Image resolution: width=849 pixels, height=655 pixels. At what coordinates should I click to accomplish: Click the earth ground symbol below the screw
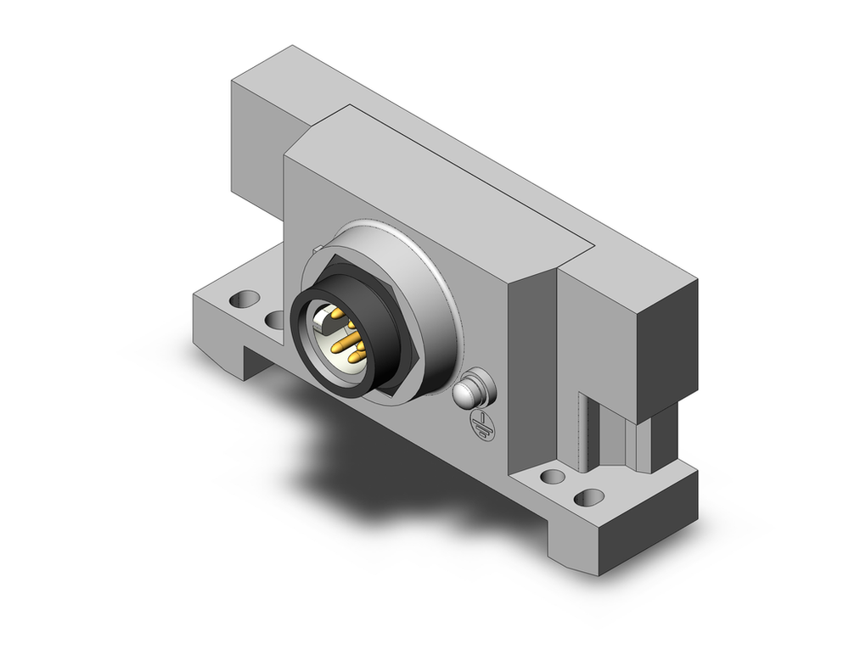479,425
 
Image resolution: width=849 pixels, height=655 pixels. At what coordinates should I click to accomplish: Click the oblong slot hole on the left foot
245,300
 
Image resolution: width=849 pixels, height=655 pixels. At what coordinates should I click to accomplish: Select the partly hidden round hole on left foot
274,320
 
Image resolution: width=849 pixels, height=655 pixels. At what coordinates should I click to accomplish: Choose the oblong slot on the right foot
553,477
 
